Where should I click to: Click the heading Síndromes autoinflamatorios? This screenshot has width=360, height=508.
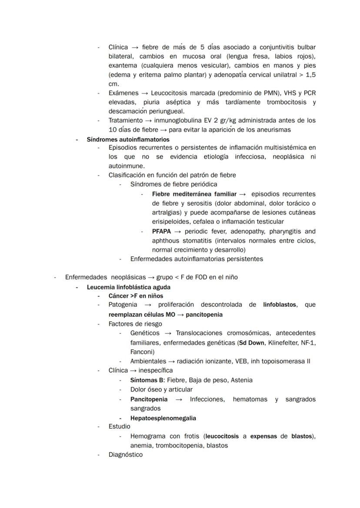tap(128, 139)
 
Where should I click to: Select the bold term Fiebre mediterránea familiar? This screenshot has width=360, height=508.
tap(194, 194)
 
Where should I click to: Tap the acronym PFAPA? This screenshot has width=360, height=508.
tap(161, 231)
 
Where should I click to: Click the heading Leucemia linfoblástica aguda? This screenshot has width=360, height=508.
tap(129, 287)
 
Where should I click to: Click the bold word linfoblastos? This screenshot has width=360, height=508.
tap(280, 305)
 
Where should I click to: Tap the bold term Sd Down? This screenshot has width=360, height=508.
tap(252, 343)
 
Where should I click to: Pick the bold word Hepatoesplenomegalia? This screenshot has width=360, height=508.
tap(163, 418)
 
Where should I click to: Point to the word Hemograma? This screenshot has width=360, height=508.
tap(146, 436)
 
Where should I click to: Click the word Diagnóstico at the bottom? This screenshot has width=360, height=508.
tap(125, 455)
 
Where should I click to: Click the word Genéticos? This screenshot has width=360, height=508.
tap(145, 333)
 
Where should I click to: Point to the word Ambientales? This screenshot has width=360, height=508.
tap(148, 361)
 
